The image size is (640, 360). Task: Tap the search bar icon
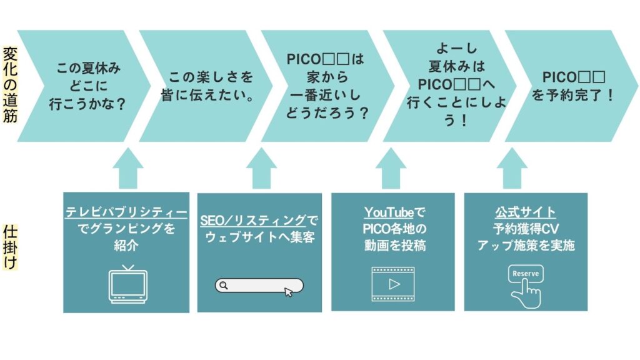(x=259, y=286)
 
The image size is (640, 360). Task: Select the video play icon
(x=393, y=283)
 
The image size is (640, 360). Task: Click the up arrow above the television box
(x=127, y=167)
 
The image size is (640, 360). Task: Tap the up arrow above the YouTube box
(x=393, y=167)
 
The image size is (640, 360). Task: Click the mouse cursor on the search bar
(x=288, y=291)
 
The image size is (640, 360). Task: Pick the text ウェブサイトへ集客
(x=259, y=237)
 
